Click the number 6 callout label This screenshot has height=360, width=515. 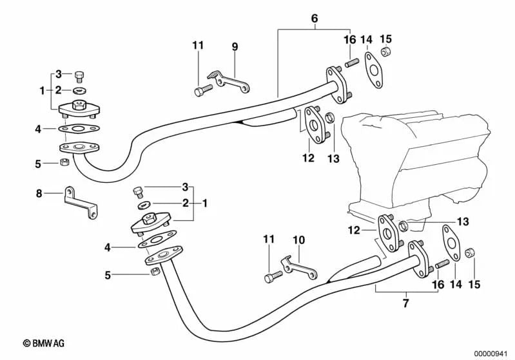[x=315, y=19]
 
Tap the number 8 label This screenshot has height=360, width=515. [x=39, y=193]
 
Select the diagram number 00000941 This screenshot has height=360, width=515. [x=493, y=352]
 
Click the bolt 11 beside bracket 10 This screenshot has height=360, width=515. [x=273, y=278]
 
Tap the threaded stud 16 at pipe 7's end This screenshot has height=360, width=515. [x=442, y=265]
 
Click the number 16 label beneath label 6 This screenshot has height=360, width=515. [x=349, y=40]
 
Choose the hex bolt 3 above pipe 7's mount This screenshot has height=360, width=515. [x=137, y=191]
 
